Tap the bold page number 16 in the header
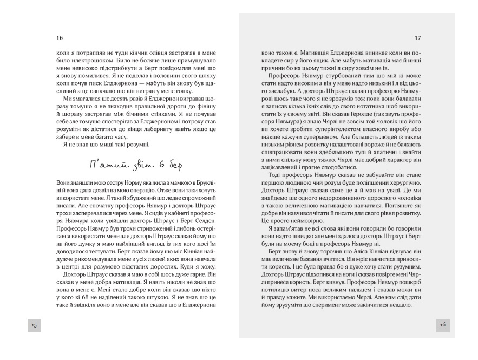(60, 38)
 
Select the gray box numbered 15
(34, 325)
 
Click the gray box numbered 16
(442, 325)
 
